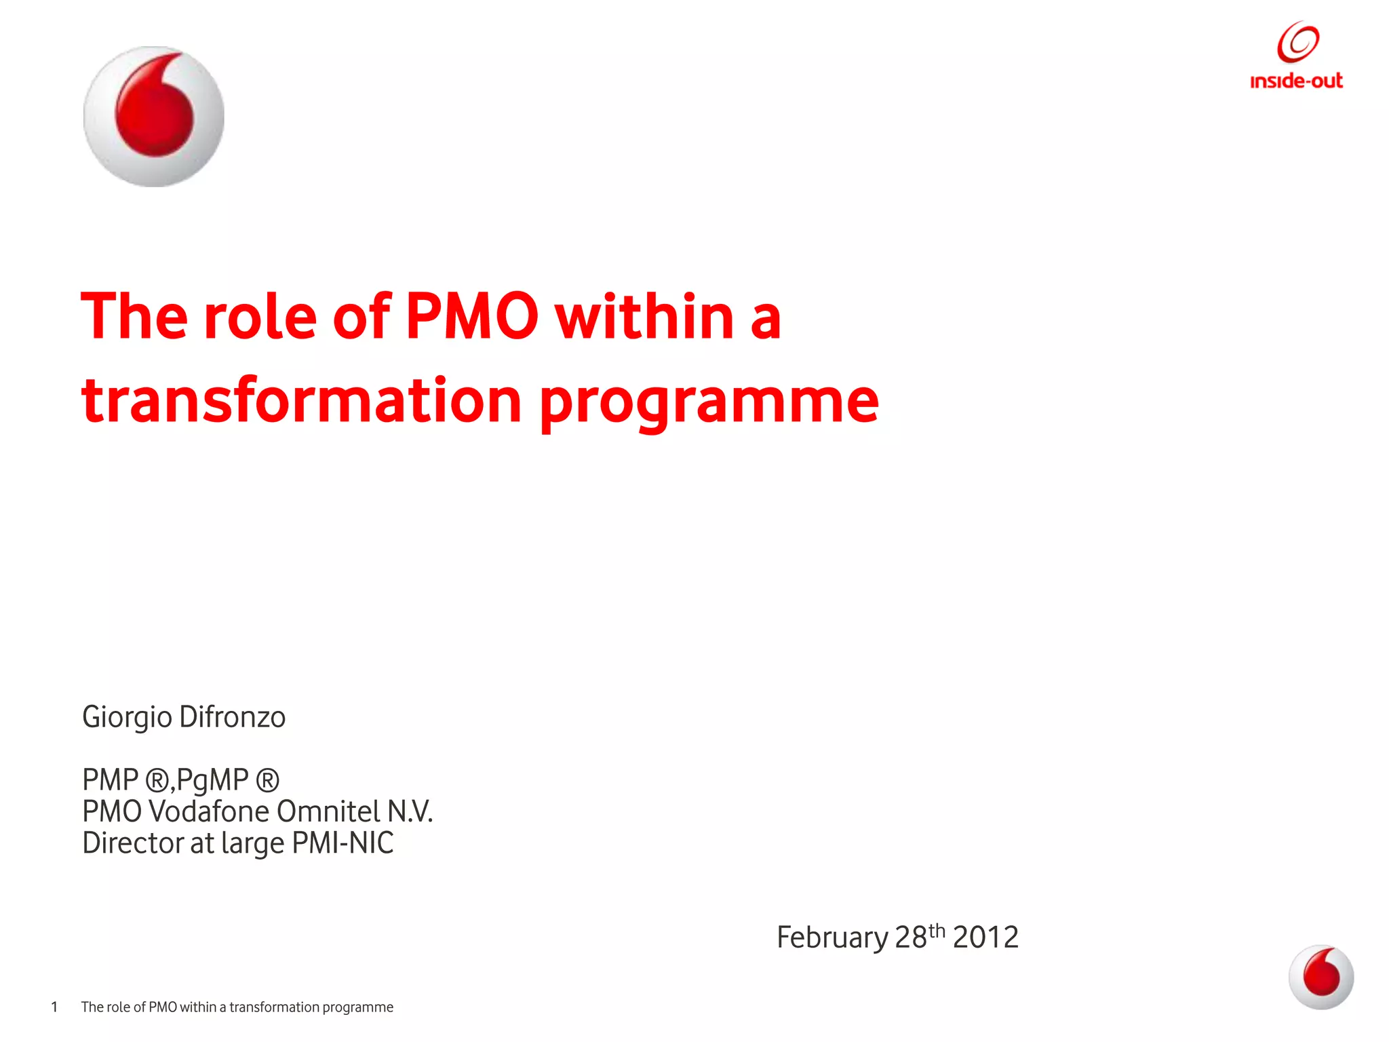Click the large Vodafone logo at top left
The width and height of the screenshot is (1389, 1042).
[154, 117]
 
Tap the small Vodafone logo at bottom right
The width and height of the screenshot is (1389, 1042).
[1320, 977]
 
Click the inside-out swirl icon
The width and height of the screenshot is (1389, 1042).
[1297, 42]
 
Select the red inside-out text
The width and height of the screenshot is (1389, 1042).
[1296, 81]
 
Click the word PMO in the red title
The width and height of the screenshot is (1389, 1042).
[472, 316]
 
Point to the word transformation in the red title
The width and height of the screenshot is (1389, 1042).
[301, 400]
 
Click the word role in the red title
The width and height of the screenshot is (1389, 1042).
[260, 316]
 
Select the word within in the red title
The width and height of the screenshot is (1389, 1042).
[645, 316]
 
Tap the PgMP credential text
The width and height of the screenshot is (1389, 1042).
[212, 781]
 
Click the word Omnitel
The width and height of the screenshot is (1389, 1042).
[328, 811]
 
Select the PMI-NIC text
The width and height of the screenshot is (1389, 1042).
[343, 843]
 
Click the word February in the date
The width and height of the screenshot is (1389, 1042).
[832, 938]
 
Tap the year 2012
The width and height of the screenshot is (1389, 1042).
[985, 938]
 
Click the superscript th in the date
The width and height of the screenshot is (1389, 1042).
[937, 930]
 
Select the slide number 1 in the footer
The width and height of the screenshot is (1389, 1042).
[54, 1007]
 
